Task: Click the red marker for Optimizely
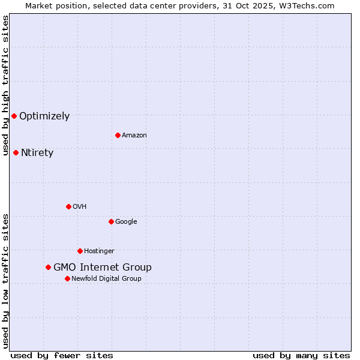click(14, 116)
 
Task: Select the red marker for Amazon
click(118, 135)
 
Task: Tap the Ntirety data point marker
click(16, 152)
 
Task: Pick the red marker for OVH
click(68, 206)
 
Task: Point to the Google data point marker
click(111, 221)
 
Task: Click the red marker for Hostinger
click(80, 251)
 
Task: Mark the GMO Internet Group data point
click(48, 267)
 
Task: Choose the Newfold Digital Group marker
click(67, 278)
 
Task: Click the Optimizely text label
click(44, 116)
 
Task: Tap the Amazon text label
click(134, 136)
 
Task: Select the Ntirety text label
click(37, 153)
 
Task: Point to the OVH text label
click(80, 207)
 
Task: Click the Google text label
click(126, 222)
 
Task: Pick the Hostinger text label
click(99, 251)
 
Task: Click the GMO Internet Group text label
click(103, 268)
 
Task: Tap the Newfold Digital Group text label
click(106, 279)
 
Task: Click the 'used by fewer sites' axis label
click(62, 355)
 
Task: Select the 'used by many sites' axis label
click(301, 355)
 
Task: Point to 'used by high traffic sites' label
click(5, 86)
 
